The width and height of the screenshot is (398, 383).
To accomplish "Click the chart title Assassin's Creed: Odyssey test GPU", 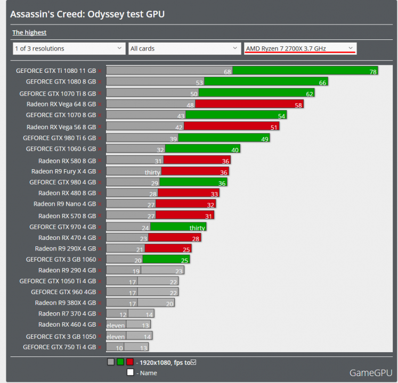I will tap(87, 14).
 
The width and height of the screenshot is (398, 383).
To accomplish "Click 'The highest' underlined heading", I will tap(29, 32).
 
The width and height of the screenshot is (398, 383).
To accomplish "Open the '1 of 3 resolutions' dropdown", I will tap(69, 48).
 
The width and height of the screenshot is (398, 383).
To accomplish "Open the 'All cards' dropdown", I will tap(184, 48).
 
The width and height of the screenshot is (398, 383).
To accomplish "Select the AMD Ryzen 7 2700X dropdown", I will tap(300, 48).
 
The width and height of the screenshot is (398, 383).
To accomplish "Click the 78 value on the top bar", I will tap(373, 71).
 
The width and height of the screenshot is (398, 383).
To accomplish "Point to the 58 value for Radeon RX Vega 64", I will tap(298, 105).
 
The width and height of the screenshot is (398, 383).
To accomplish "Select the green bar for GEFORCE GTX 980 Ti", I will tap(224, 138).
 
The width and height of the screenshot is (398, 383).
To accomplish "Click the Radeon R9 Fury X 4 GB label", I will tap(63, 171).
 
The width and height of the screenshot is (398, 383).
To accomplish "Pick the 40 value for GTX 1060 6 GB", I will tap(234, 149).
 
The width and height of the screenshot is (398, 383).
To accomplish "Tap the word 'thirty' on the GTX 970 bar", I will tap(197, 228).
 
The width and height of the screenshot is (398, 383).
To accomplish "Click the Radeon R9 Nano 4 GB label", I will tap(64, 204).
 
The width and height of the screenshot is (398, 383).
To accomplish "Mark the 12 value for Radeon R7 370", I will tap(123, 315).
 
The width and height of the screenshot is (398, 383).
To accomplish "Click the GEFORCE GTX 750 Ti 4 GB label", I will tap(59, 347).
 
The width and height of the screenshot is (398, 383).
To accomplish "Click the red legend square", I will tap(130, 362).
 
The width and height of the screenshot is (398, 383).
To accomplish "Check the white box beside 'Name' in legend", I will tap(130, 372).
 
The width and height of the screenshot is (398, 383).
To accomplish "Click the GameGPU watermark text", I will tap(370, 372).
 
